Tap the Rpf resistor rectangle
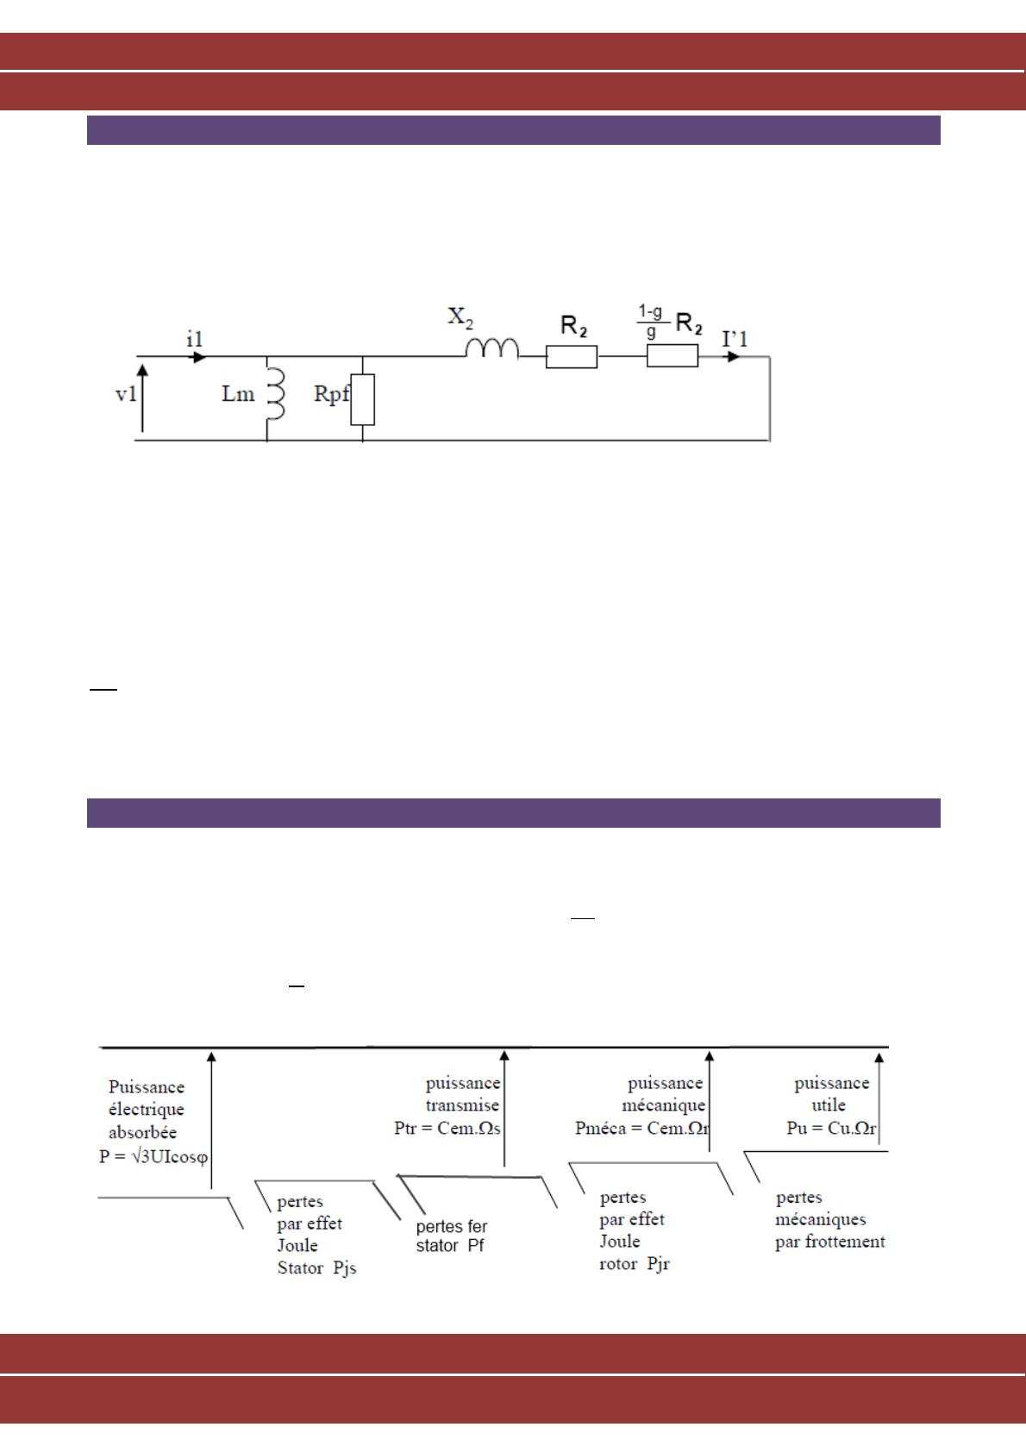(x=363, y=400)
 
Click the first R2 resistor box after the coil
(x=571, y=357)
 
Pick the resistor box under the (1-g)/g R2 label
(x=673, y=356)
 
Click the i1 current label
(x=194, y=340)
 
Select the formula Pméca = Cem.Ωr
(x=639, y=1128)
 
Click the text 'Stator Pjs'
(x=316, y=1267)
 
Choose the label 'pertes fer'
(x=451, y=1226)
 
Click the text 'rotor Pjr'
(x=635, y=1264)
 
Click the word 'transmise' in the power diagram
(x=462, y=1105)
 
